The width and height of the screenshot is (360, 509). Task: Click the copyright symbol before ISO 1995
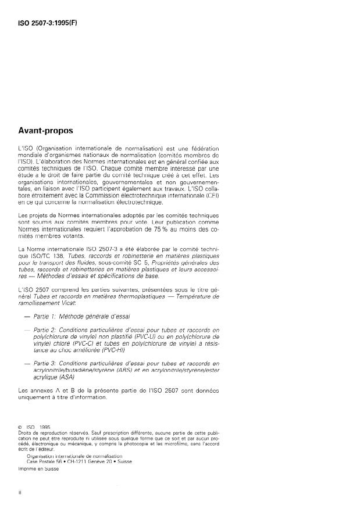point(21,428)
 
